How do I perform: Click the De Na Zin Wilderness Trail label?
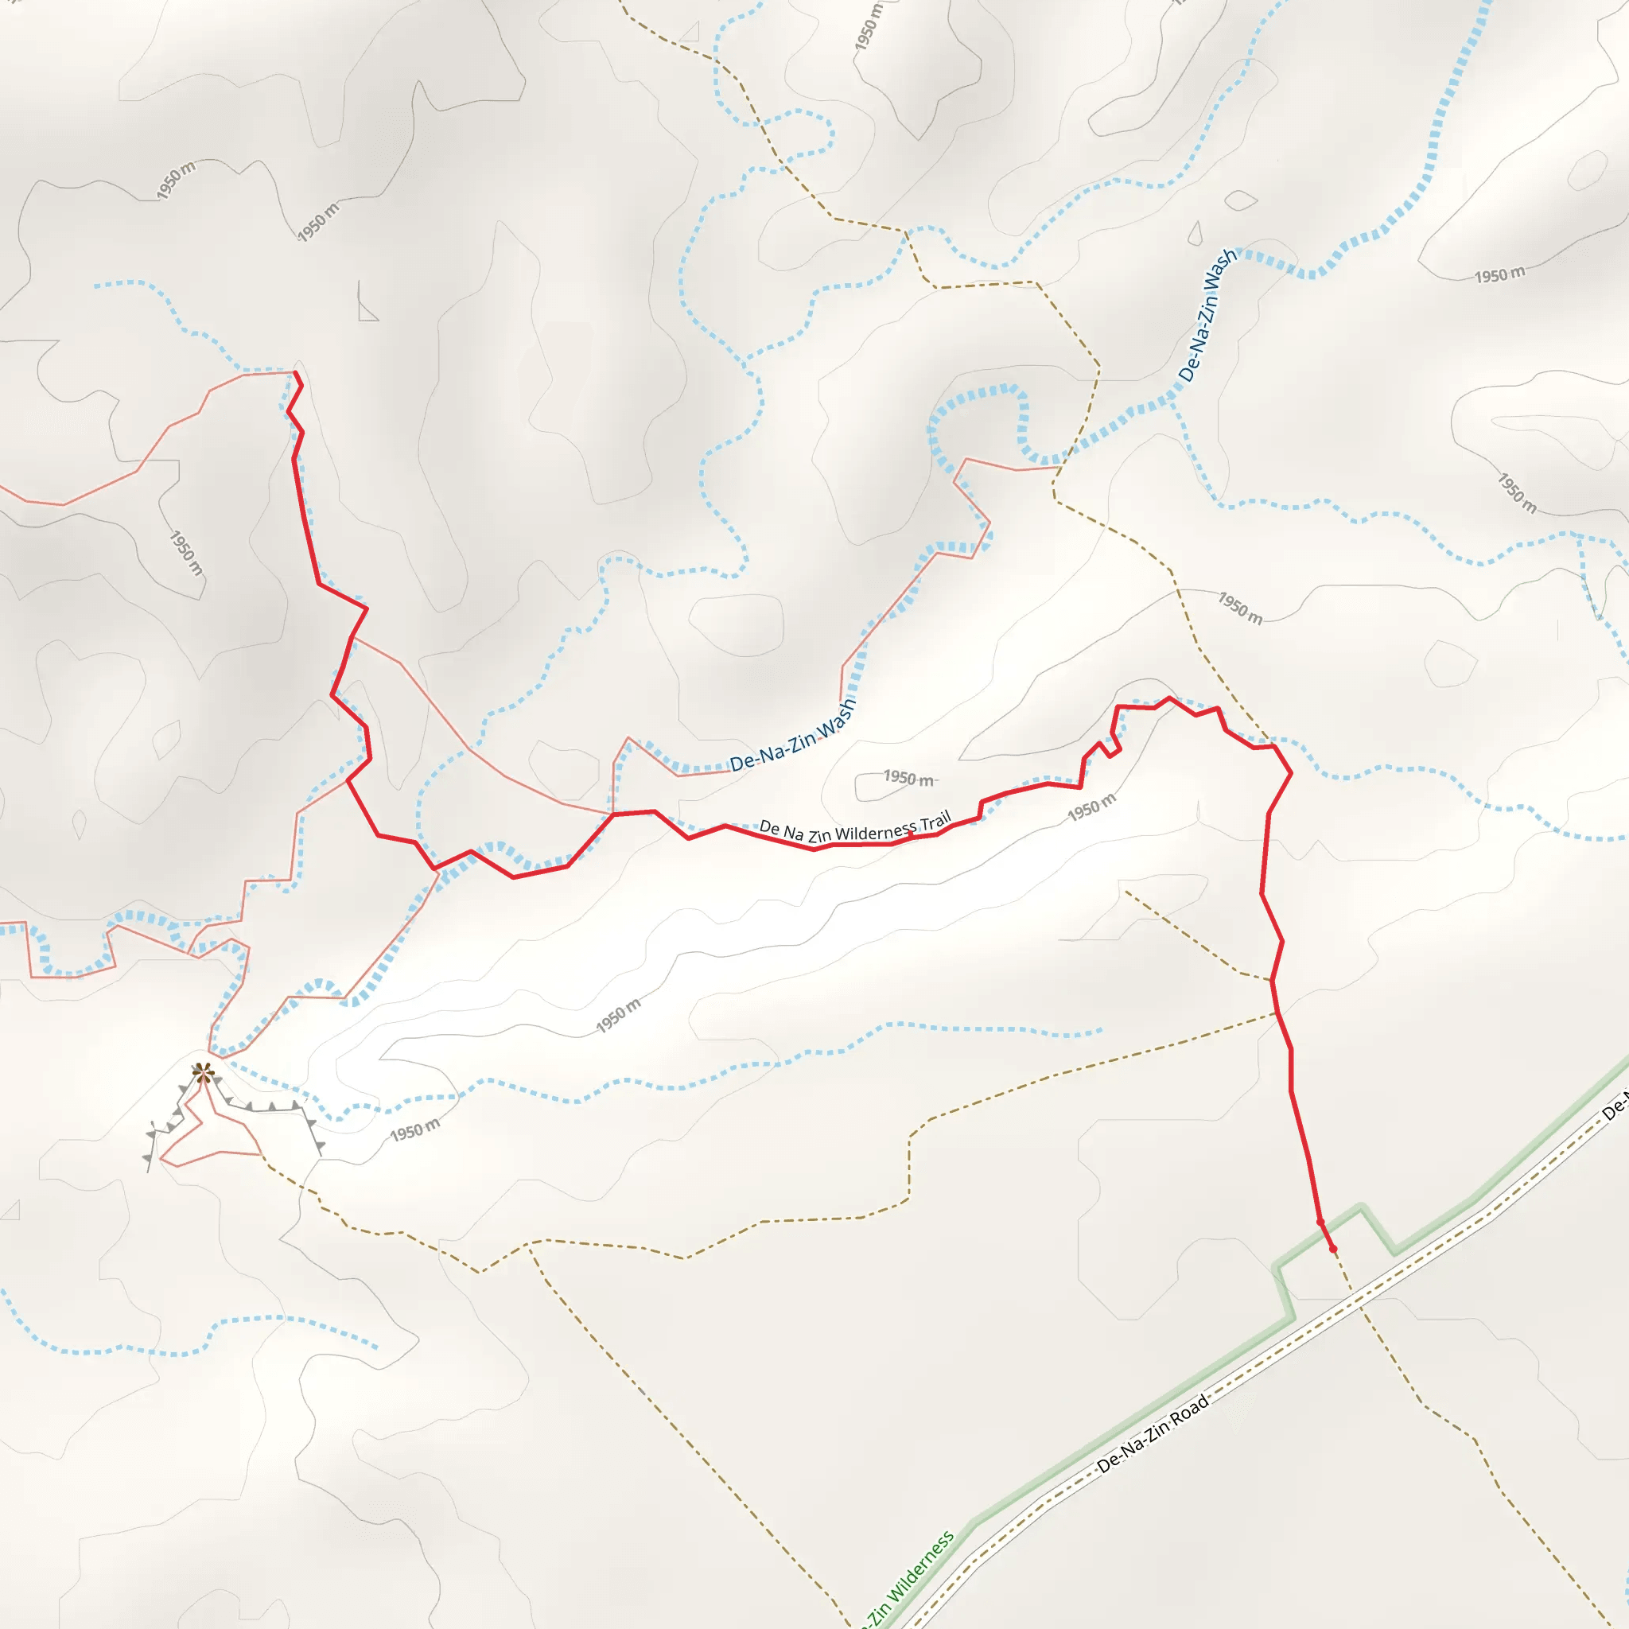pyautogui.click(x=855, y=829)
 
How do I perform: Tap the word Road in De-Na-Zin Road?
pyautogui.click(x=1188, y=1413)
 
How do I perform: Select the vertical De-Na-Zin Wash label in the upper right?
pyautogui.click(x=1208, y=314)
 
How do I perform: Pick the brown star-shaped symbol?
pyautogui.click(x=202, y=1072)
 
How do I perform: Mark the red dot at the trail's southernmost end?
pyautogui.click(x=1333, y=1249)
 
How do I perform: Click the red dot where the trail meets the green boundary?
pyautogui.click(x=1320, y=1222)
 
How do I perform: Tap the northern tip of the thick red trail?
pyautogui.click(x=296, y=373)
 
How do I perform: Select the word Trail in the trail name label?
pyautogui.click(x=935, y=820)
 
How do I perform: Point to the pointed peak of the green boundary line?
pyautogui.click(x=1362, y=1207)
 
